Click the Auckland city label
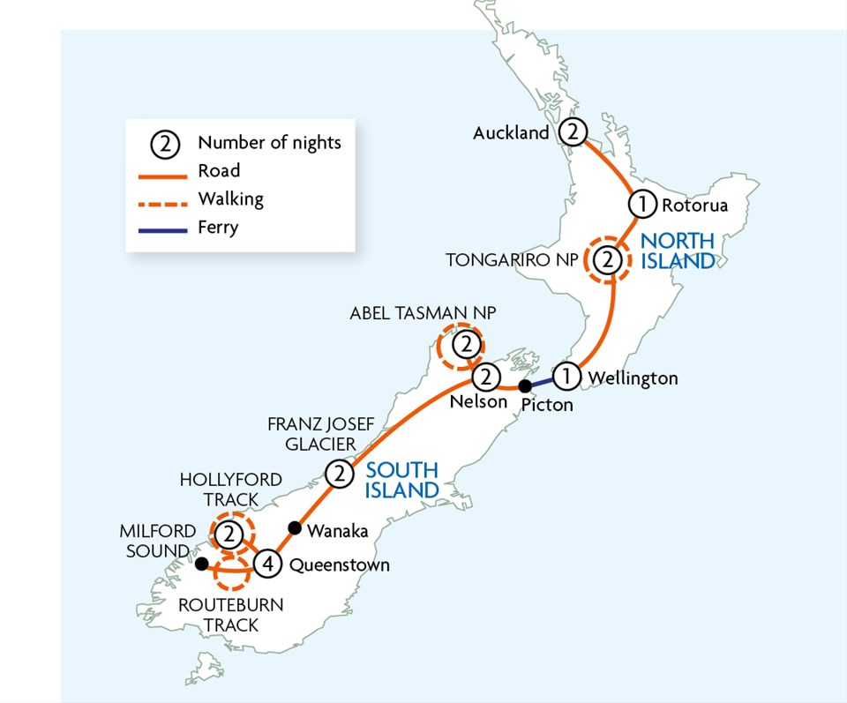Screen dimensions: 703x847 pyautogui.click(x=511, y=133)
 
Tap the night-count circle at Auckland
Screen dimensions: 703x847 pyautogui.click(x=573, y=132)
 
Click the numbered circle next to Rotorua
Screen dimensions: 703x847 pyautogui.click(x=642, y=205)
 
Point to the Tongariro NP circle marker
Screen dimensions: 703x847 pyautogui.click(x=608, y=259)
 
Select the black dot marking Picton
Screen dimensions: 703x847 pyautogui.click(x=524, y=385)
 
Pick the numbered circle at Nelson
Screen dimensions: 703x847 pyautogui.click(x=485, y=378)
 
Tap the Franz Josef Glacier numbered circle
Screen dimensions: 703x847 pyautogui.click(x=340, y=475)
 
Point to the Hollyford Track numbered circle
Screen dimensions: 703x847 pyautogui.click(x=229, y=533)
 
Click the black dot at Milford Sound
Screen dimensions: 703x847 pyautogui.click(x=201, y=563)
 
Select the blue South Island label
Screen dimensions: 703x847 pyautogui.click(x=402, y=481)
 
